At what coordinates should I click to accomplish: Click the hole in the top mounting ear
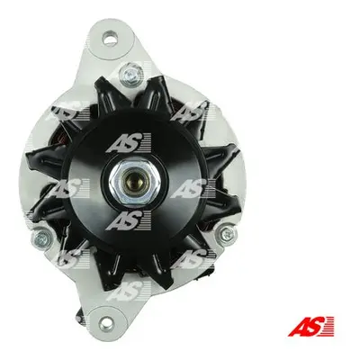coord(108,39)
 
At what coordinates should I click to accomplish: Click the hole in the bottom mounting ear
coord(105,321)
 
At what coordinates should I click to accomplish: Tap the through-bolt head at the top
coord(130,73)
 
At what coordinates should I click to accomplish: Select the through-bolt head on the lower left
coord(41,238)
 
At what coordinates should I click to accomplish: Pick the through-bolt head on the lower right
coord(227,232)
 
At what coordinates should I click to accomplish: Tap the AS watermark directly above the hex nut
coord(129,143)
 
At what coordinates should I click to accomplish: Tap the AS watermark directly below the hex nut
coord(129,220)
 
